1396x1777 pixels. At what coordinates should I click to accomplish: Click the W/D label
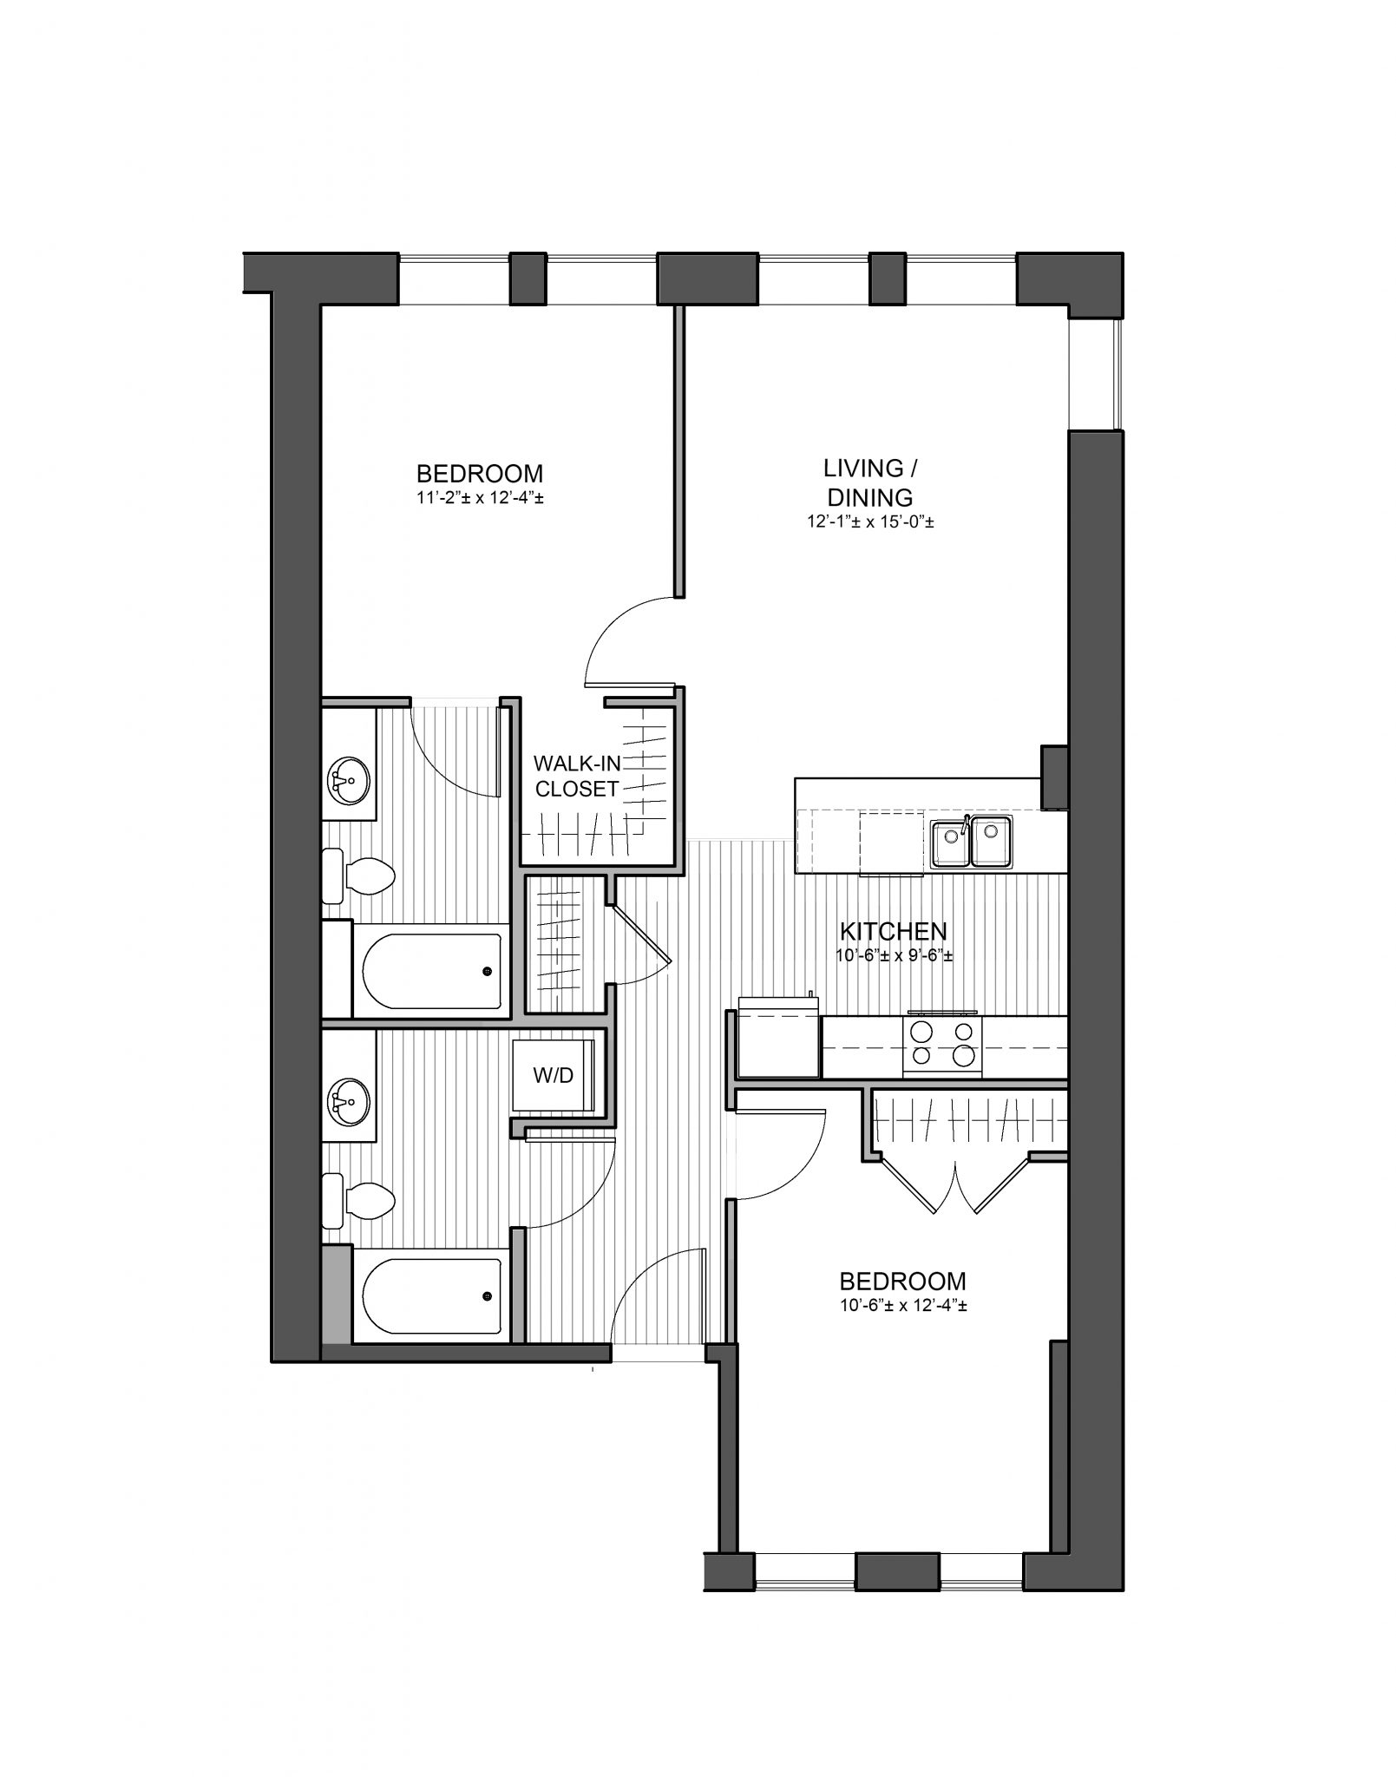point(554,1076)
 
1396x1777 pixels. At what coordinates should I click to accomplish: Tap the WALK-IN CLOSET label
point(576,776)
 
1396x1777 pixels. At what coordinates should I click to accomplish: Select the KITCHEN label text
point(893,931)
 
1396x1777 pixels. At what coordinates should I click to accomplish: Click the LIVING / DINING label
point(869,482)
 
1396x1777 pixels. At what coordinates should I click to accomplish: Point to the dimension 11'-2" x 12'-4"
point(480,499)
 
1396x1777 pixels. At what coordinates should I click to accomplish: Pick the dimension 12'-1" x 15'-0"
point(869,522)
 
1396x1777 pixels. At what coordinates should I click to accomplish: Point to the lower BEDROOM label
point(902,1281)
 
